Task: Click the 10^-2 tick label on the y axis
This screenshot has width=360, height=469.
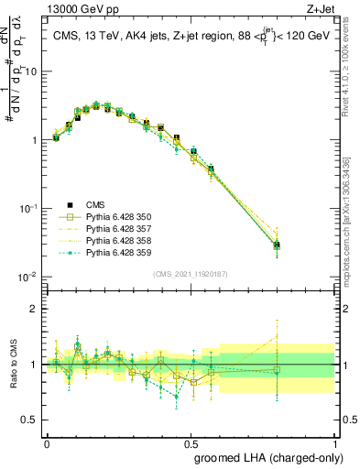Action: (30, 277)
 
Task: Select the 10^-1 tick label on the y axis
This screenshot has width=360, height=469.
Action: (30, 209)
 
